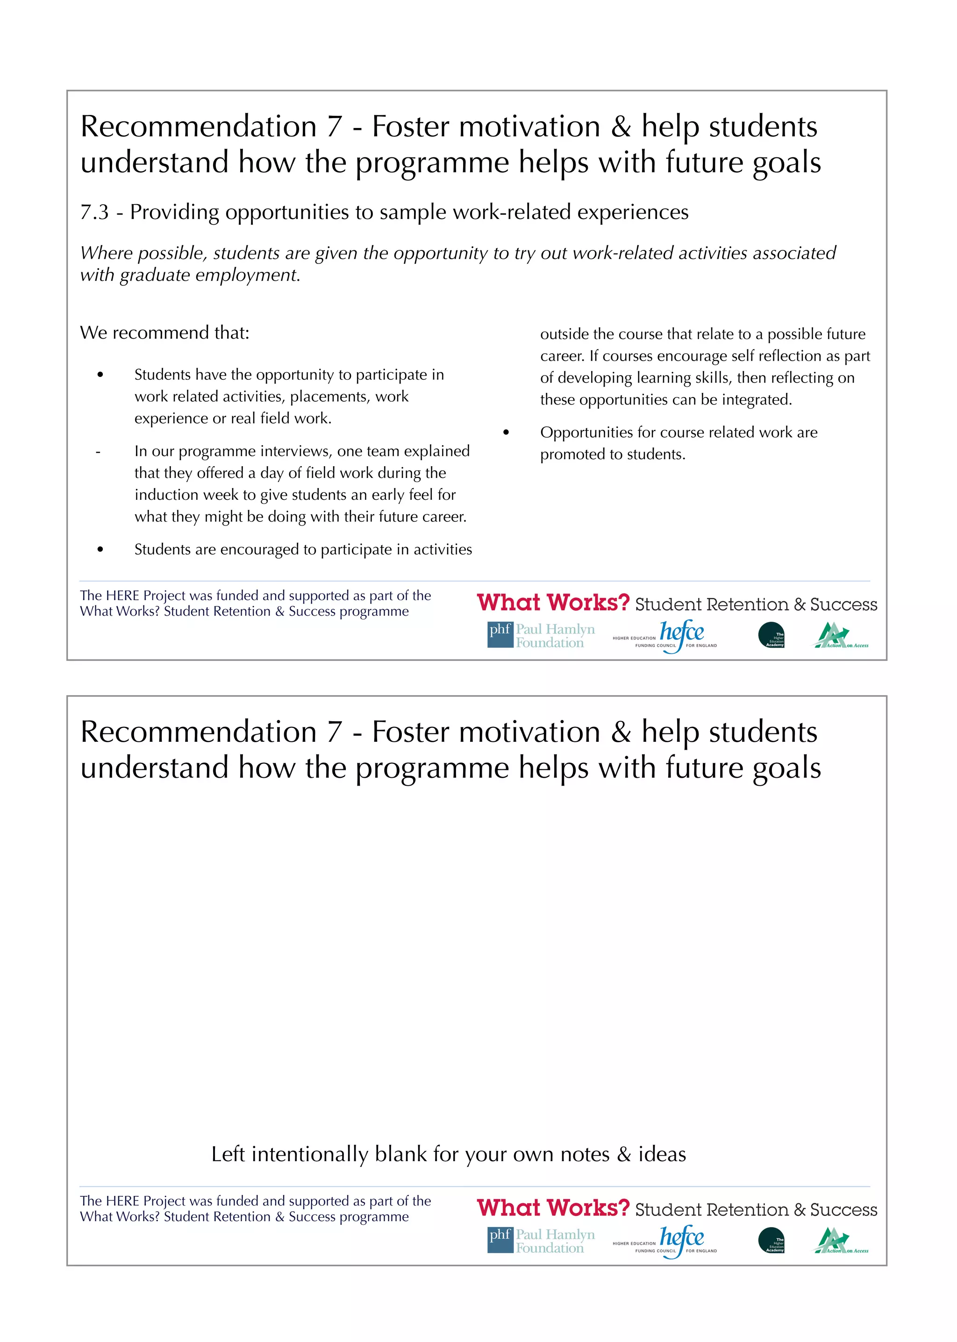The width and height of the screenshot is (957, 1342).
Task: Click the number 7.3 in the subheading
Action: [x=94, y=212]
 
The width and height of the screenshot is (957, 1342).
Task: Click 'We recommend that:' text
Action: [x=164, y=333]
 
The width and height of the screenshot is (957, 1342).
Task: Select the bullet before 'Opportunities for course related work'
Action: [x=506, y=433]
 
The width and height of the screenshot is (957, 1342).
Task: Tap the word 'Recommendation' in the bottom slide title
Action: [x=199, y=732]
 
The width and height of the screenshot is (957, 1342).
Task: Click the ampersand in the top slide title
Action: [x=621, y=127]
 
